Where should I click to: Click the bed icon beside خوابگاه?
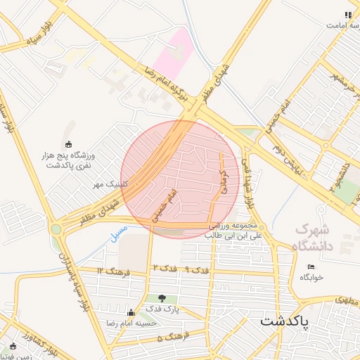click(311, 266)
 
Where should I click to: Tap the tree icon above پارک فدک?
click(163, 299)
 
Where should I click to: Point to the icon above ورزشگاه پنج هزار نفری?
click(69, 144)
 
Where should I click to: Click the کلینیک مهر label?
click(108, 184)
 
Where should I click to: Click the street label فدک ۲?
click(165, 269)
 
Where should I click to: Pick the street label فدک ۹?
click(198, 269)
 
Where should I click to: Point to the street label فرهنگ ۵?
click(169, 338)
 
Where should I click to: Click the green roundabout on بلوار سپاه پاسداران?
click(56, 229)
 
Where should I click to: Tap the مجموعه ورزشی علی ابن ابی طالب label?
click(234, 231)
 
